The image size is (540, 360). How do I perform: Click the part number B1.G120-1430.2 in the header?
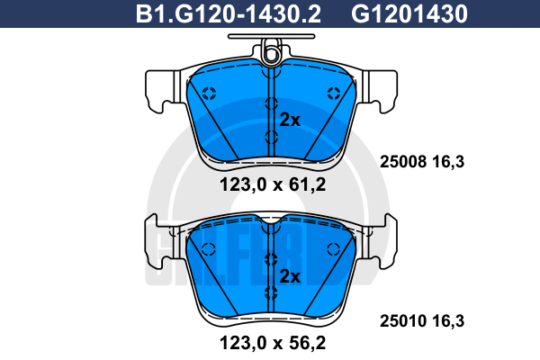pos(229,13)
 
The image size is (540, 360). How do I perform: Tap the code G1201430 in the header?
pos(409,13)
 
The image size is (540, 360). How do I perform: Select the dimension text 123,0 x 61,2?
pos(273,185)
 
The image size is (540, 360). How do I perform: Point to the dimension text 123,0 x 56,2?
pos(273,343)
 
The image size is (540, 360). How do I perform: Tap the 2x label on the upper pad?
pos(290,120)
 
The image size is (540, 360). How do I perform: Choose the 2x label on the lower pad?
pos(290,276)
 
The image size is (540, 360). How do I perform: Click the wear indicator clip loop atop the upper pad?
pos(272,51)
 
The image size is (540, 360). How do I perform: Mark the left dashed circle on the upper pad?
pos(209,93)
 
